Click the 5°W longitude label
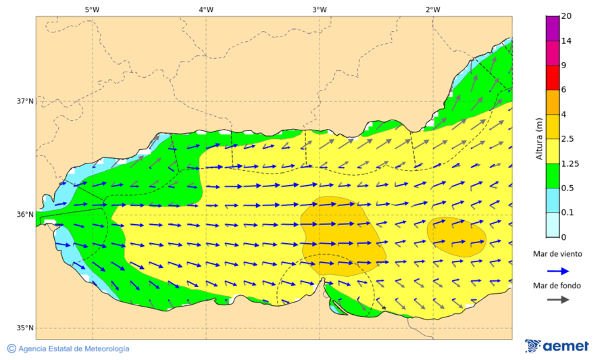(x=92, y=9)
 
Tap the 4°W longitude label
(x=206, y=9)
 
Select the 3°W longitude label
(x=320, y=9)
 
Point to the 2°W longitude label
(x=433, y=9)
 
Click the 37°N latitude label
(x=25, y=101)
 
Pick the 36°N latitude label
(x=25, y=215)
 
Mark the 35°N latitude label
(x=25, y=328)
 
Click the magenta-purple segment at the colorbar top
(x=553, y=28)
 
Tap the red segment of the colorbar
(x=553, y=78)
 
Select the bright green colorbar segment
(x=553, y=176)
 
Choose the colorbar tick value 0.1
(x=568, y=213)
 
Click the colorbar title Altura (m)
(x=539, y=138)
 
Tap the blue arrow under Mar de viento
(x=557, y=270)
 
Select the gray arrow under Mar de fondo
(x=557, y=300)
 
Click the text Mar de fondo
(x=557, y=286)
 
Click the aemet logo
(x=557, y=346)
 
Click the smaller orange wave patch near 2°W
(x=457, y=236)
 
